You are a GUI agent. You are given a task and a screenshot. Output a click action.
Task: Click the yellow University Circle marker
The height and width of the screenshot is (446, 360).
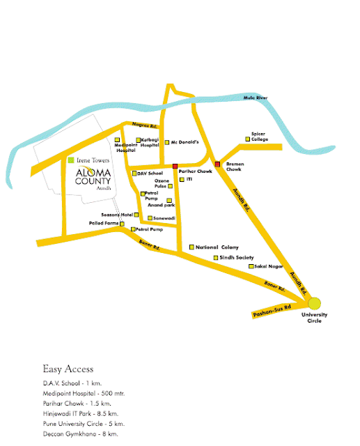315,303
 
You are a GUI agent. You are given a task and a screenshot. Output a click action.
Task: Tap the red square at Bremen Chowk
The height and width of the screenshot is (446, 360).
217,164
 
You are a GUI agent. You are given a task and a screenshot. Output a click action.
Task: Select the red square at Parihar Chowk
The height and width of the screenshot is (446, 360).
175,166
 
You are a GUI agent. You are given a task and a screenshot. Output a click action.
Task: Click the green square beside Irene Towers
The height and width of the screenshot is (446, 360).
70,160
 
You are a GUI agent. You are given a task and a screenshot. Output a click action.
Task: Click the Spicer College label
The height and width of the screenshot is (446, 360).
260,137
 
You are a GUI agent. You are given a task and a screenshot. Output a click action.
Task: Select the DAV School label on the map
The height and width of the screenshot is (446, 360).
150,173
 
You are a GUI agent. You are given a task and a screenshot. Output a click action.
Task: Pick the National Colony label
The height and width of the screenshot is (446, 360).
217,247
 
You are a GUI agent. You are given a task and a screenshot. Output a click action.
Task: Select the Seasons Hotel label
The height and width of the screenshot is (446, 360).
117,215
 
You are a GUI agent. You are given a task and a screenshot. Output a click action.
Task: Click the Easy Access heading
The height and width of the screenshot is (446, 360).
68,369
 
